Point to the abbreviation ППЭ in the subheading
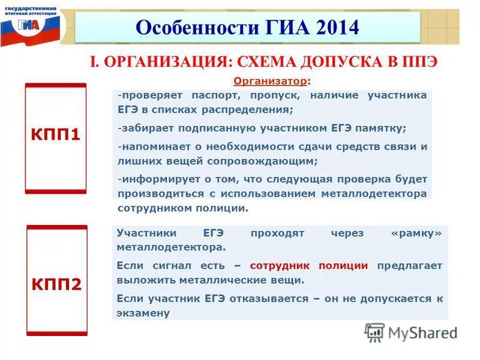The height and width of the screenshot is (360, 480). (419, 62)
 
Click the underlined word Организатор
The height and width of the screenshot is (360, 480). (270, 80)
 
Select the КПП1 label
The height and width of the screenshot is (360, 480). (55, 136)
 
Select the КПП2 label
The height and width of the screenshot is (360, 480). (56, 283)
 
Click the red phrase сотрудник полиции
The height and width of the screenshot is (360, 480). (308, 265)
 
